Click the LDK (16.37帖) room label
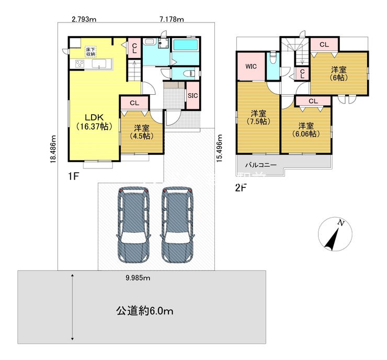point(94,122)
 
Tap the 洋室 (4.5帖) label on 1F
point(142,132)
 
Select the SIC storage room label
point(193,96)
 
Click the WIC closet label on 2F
point(251,66)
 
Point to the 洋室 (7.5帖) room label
point(258,118)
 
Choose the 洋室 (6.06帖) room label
point(306,130)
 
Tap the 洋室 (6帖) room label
point(339,74)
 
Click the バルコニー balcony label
point(261,165)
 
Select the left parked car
point(133,224)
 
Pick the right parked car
point(177,224)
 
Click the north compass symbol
point(335,234)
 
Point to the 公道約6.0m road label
point(145,311)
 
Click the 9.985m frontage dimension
point(138,278)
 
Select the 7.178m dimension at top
point(172,19)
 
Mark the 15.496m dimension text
point(220,148)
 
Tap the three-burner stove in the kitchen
point(79,64)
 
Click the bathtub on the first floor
point(185,45)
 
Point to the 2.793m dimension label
point(84,19)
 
